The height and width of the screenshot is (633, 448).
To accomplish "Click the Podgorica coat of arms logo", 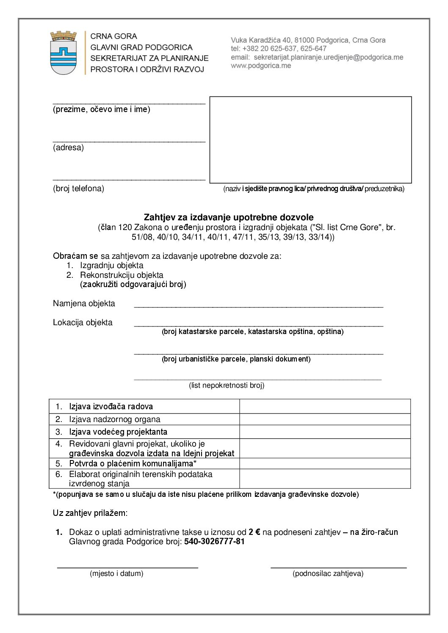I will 64,53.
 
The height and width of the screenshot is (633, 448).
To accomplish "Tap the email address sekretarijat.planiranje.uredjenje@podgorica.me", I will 328,58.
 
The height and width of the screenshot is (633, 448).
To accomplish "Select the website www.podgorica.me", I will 261,66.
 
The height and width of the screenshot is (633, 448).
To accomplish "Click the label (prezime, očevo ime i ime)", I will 102,110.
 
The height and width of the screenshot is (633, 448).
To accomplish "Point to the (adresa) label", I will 69,148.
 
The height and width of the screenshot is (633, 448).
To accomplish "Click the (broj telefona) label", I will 78,189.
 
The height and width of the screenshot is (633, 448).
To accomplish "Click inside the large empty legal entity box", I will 310,140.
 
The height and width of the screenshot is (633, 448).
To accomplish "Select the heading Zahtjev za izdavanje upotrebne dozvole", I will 229,217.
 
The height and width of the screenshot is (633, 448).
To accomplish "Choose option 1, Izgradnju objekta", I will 111,266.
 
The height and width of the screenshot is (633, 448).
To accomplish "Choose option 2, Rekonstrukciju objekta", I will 122,275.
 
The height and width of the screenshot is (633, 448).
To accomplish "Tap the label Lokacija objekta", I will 83,323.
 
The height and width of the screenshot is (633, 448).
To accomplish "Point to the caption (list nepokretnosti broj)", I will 227,385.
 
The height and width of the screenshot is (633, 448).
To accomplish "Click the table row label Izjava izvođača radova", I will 111,407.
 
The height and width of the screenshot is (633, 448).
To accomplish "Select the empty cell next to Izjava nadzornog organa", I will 325,419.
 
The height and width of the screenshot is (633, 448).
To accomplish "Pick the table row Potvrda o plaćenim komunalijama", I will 133,463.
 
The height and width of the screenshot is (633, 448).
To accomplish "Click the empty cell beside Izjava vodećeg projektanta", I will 325,432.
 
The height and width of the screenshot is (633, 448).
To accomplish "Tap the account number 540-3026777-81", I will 214,542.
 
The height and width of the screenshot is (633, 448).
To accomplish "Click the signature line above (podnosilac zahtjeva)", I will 338,567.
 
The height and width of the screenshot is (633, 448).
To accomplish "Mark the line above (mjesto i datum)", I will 127,567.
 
